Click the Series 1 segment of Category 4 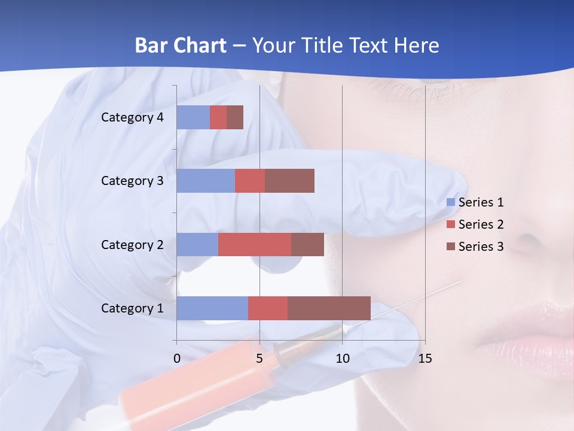[193, 117]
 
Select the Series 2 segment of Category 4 [218, 117]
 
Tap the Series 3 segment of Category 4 [235, 117]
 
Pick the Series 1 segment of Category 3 [206, 181]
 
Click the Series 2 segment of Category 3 [250, 181]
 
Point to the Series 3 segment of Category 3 [289, 181]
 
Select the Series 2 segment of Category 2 [255, 244]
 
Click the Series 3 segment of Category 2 [307, 244]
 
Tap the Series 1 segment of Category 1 [212, 308]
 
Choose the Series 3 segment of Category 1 [329, 308]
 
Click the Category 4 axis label [132, 117]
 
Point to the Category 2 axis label [132, 245]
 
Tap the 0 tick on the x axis [177, 359]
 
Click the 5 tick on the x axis [259, 359]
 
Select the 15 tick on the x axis [425, 359]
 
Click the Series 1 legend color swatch [451, 202]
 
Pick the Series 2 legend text [481, 224]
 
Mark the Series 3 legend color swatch [451, 247]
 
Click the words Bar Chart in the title [181, 45]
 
